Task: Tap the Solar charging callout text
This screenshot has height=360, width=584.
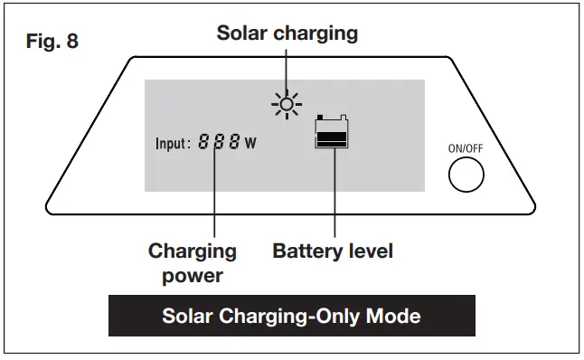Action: click(x=287, y=33)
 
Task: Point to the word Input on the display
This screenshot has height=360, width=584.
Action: click(x=172, y=143)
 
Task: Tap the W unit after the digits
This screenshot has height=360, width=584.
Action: click(x=250, y=144)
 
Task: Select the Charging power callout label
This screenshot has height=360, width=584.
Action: click(x=192, y=262)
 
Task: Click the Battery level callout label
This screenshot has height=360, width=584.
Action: click(x=333, y=251)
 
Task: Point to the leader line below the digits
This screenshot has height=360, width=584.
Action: click(x=215, y=194)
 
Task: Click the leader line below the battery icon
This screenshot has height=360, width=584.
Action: click(x=334, y=194)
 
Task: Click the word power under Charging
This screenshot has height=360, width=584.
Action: click(x=192, y=275)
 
